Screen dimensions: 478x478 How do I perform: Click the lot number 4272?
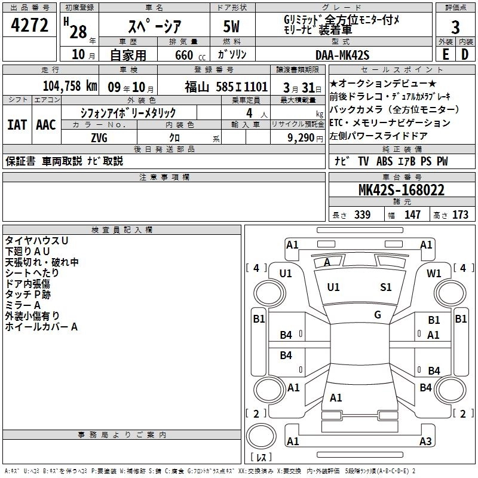[x=30, y=26]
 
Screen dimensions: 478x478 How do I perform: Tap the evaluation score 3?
[x=455, y=27]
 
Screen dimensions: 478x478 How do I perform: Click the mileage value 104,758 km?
[x=70, y=86]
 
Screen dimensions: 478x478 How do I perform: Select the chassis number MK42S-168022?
[x=401, y=191]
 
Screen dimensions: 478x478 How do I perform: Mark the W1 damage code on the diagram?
[x=434, y=273]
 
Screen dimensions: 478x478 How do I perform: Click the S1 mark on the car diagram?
[x=386, y=287]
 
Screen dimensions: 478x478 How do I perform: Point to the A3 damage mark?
[x=425, y=442]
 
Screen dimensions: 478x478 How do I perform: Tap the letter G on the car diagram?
[x=378, y=315]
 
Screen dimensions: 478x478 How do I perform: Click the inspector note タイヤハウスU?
[x=37, y=241]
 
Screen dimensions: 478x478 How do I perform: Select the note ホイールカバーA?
[x=41, y=327]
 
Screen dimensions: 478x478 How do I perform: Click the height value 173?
[x=461, y=215]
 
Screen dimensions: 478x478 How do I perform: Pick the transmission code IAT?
[x=17, y=125]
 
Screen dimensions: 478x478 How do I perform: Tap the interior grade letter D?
[x=464, y=54]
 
